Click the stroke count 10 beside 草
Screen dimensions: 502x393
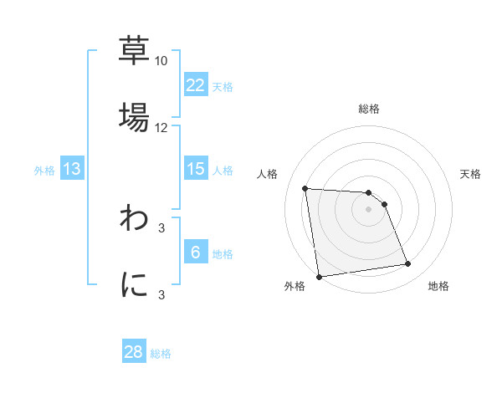pyautogui.click(x=161, y=61)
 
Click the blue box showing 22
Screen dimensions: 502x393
pyautogui.click(x=196, y=85)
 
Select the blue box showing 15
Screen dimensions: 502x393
pyautogui.click(x=196, y=169)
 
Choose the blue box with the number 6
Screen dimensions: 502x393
pyautogui.click(x=196, y=253)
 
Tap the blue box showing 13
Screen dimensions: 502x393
pyautogui.click(x=72, y=169)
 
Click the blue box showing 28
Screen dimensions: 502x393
pyautogui.click(x=134, y=352)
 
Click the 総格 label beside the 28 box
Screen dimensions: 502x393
pyautogui.click(x=161, y=354)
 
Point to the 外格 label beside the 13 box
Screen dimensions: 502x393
pyautogui.click(x=44, y=171)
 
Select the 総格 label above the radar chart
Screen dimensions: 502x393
pyautogui.click(x=368, y=109)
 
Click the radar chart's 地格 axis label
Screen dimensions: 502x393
pyautogui.click(x=438, y=286)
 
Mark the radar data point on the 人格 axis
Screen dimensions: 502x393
pyautogui.click(x=305, y=188)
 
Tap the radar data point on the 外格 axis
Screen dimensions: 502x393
pyautogui.click(x=319, y=277)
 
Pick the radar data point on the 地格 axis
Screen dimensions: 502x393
pyautogui.click(x=408, y=264)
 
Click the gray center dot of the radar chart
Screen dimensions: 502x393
pyautogui.click(x=368, y=209)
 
